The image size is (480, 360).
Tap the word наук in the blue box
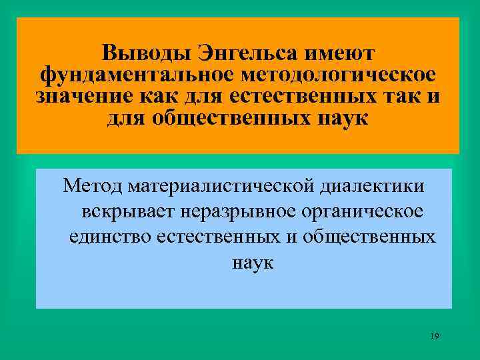pyautogui.click(x=253, y=263)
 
